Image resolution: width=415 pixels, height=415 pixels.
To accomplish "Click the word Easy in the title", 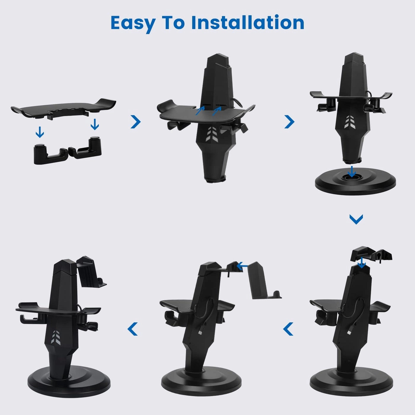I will tap(133, 23).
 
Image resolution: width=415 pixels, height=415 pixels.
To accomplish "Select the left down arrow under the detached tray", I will tap(40, 132).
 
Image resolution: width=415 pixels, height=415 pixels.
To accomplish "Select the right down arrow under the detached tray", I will tap(95, 124).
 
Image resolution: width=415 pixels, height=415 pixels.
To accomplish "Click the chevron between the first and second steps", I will tap(135, 122).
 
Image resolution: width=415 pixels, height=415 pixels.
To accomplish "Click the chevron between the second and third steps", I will tap(289, 122).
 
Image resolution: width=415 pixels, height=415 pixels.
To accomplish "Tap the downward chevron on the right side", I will tap(356, 219).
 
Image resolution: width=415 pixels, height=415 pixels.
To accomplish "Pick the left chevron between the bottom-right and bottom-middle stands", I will tap(288, 329).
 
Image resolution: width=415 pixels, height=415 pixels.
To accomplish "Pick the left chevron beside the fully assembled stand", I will tap(133, 329).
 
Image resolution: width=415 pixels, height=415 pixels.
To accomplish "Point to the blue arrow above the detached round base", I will tap(352, 171).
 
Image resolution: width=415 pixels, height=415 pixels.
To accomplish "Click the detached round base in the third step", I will tap(355, 182).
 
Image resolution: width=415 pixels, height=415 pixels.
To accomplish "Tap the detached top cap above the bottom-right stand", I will tap(371, 254).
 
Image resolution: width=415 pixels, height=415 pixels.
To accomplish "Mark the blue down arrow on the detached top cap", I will tap(361, 263).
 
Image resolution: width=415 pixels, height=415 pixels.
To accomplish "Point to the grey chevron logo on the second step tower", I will tap(212, 133).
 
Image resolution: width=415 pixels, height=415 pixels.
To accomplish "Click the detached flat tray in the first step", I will tap(63, 109).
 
